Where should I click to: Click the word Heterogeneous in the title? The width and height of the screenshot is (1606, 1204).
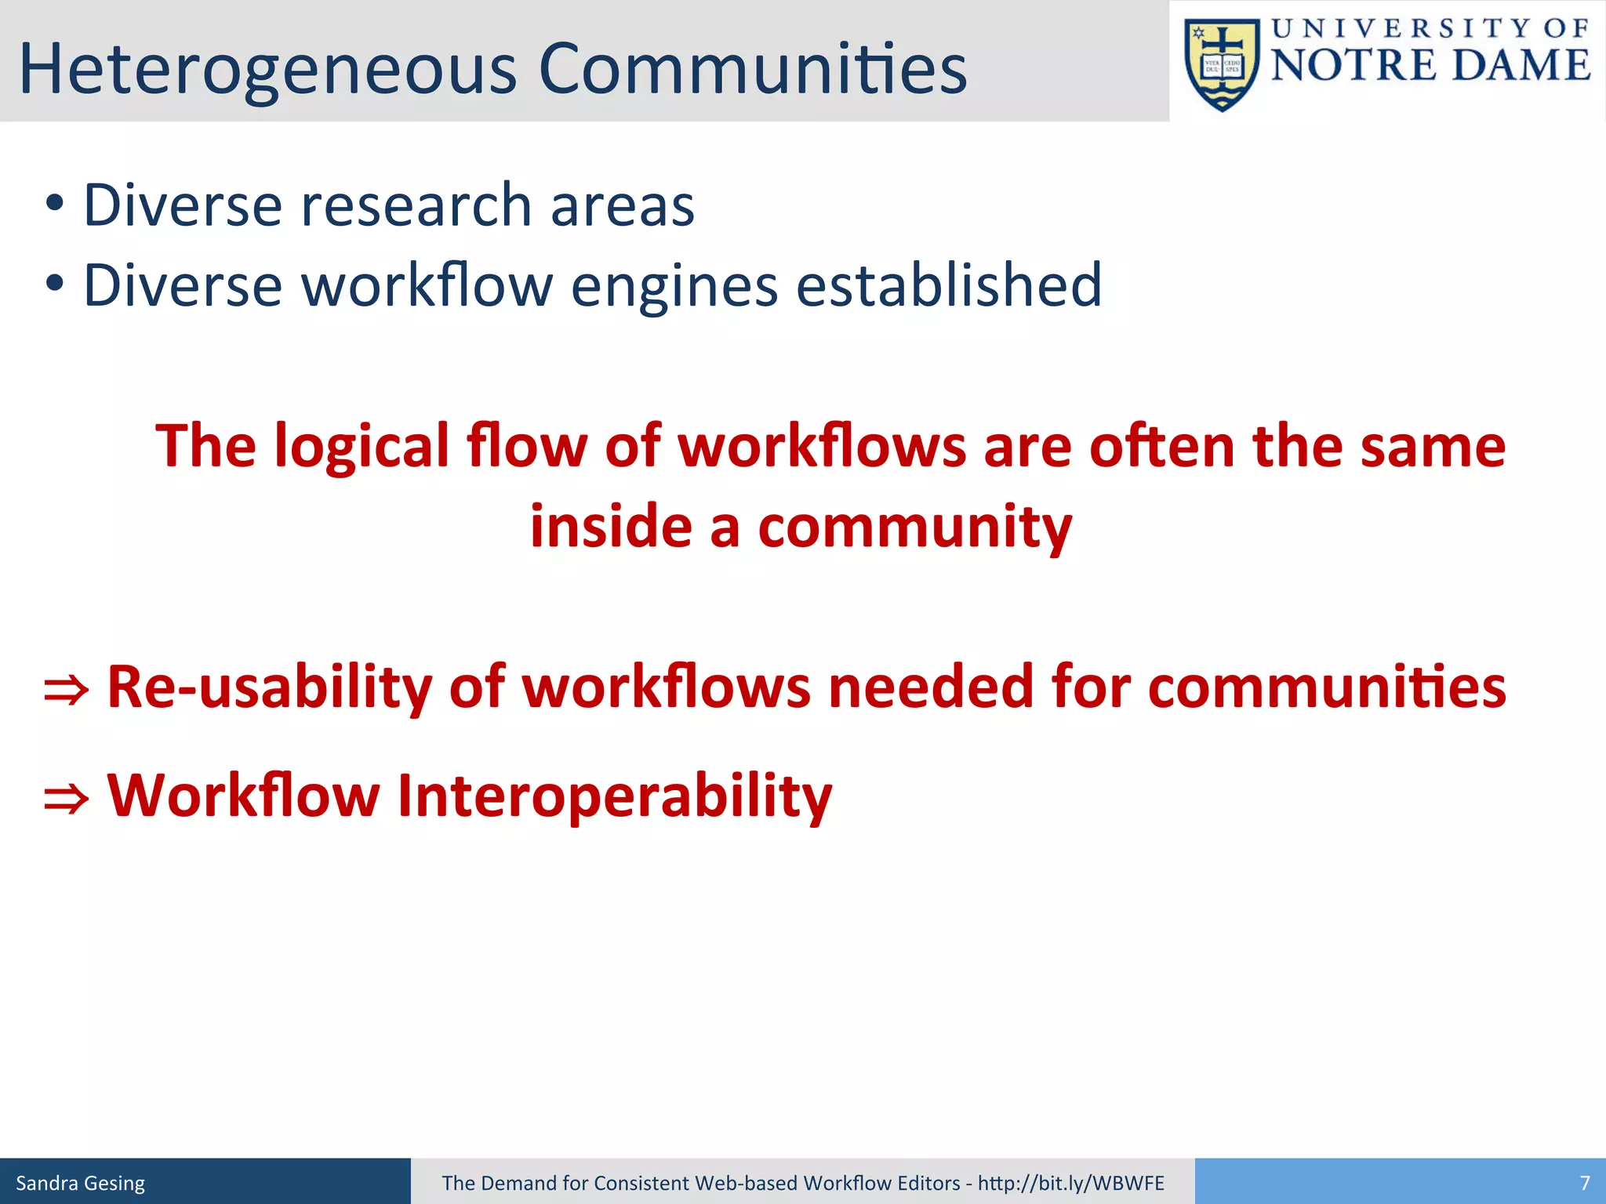267,71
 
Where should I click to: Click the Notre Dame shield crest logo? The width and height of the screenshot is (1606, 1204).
1222,65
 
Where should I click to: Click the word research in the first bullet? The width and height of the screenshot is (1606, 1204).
416,205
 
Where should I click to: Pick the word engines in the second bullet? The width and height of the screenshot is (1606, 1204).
674,286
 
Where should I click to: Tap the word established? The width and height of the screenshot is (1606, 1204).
949,285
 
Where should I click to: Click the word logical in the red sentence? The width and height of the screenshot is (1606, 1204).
362,447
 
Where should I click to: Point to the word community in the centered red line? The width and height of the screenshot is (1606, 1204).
914,528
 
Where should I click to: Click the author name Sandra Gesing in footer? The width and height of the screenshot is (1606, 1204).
81,1183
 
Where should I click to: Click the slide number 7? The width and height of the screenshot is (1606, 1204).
1584,1183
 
